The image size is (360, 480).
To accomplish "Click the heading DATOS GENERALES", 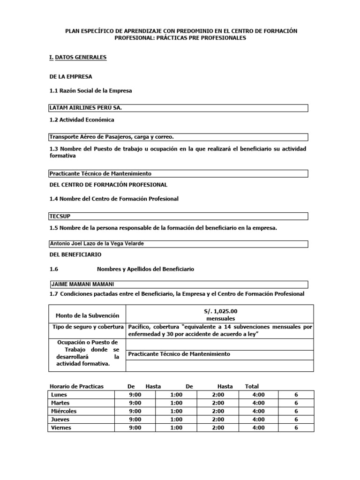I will click(x=81, y=57).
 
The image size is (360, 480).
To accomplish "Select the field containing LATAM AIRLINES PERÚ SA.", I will click(x=178, y=108).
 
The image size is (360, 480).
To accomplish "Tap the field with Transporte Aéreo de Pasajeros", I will click(x=178, y=137).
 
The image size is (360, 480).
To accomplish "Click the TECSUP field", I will click(x=178, y=216).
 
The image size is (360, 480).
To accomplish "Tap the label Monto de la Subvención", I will click(x=87, y=315).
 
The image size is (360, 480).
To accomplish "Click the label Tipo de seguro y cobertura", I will click(x=87, y=326).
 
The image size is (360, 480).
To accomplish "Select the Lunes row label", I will click(x=59, y=395).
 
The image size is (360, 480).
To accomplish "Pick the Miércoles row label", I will click(x=64, y=411).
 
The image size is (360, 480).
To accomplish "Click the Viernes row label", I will click(x=61, y=427).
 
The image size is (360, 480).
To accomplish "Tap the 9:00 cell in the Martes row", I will click(x=135, y=403).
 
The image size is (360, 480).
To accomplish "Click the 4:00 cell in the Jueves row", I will click(x=258, y=419).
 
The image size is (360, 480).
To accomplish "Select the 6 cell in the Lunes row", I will click(x=296, y=395).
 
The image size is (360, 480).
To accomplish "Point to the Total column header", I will click(x=252, y=386).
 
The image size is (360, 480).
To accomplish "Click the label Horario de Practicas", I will click(x=76, y=386).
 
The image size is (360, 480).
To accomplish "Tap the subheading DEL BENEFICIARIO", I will click(x=75, y=255).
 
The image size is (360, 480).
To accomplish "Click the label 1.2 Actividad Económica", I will click(x=82, y=120).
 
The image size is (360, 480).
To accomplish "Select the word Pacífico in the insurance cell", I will click(x=139, y=326).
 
